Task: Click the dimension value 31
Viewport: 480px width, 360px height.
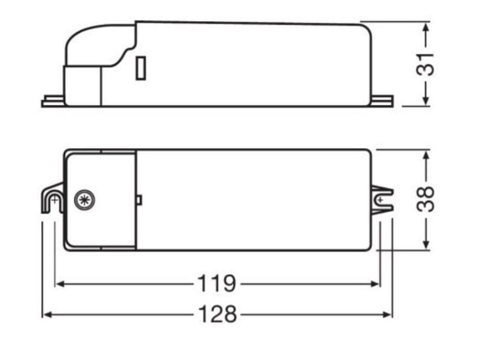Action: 426,63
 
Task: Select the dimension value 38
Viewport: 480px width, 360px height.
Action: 426,199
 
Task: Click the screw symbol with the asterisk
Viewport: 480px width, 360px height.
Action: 83,200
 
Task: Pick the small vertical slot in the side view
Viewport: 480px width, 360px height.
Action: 141,69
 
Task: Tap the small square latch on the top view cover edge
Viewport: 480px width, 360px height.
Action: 139,200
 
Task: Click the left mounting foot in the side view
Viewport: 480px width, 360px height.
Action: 52,102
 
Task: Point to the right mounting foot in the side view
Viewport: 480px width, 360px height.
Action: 383,101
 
